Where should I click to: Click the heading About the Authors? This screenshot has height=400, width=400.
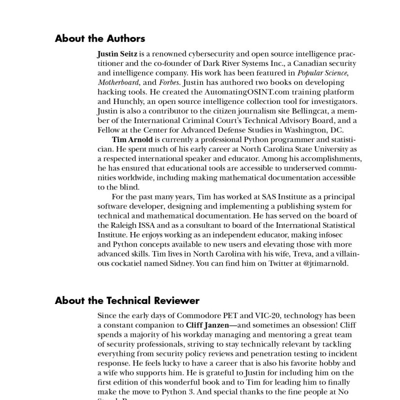99,38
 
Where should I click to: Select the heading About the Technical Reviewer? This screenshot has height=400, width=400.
127,300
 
